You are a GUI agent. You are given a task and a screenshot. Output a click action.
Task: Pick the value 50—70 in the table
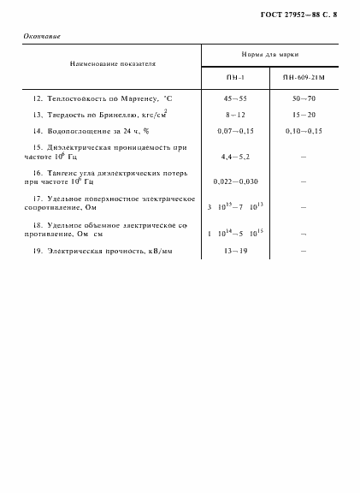(304, 99)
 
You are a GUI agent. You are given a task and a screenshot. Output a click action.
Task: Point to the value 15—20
(304, 114)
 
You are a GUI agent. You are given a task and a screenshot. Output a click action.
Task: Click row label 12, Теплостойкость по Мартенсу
(101, 99)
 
